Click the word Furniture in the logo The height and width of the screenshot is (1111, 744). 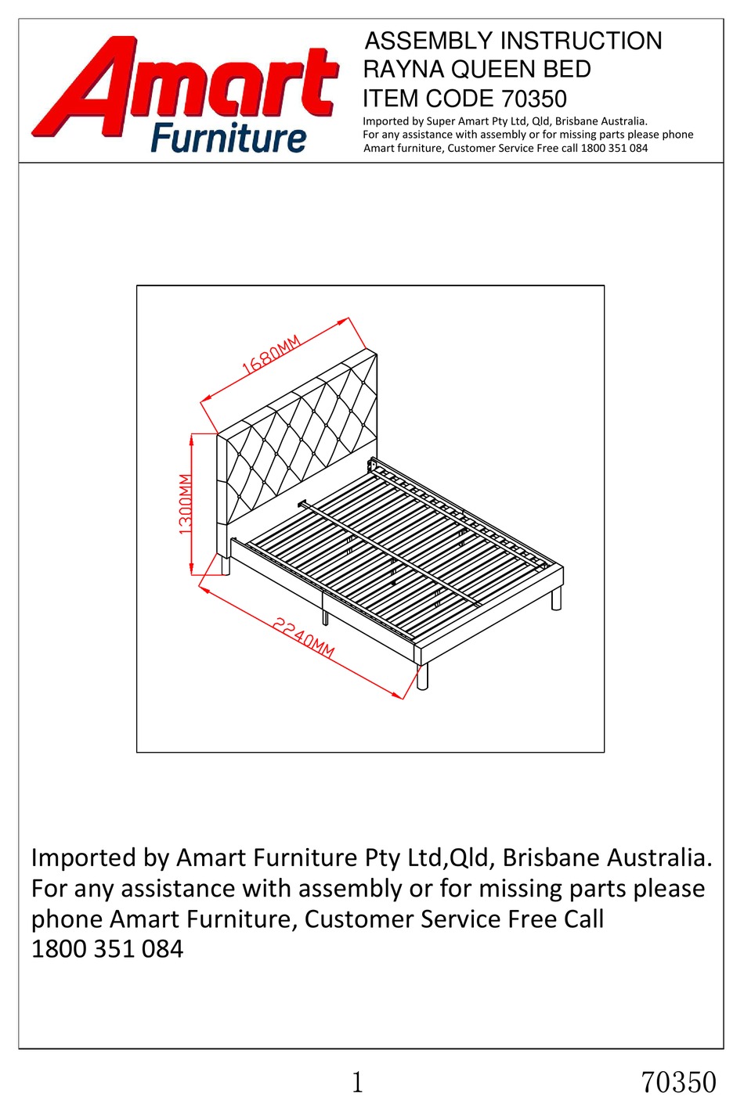point(228,138)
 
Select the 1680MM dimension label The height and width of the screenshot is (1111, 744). point(270,356)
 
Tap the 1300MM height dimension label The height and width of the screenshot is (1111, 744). point(186,504)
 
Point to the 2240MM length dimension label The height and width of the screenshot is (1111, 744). point(304,638)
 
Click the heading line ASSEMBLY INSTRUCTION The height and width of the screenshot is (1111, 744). point(513,41)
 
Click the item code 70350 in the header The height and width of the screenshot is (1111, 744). point(533,99)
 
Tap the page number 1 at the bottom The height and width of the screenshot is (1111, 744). point(358,1082)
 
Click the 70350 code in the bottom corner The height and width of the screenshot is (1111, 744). point(678,1082)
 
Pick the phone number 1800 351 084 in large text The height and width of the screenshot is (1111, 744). point(107,949)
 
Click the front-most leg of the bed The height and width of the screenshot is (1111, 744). point(423,677)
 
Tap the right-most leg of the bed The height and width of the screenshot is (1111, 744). point(556,599)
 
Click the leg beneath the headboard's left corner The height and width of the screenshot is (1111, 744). point(226,565)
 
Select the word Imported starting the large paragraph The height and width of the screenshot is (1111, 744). point(84,858)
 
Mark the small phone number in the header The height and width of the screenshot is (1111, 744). point(614,148)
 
